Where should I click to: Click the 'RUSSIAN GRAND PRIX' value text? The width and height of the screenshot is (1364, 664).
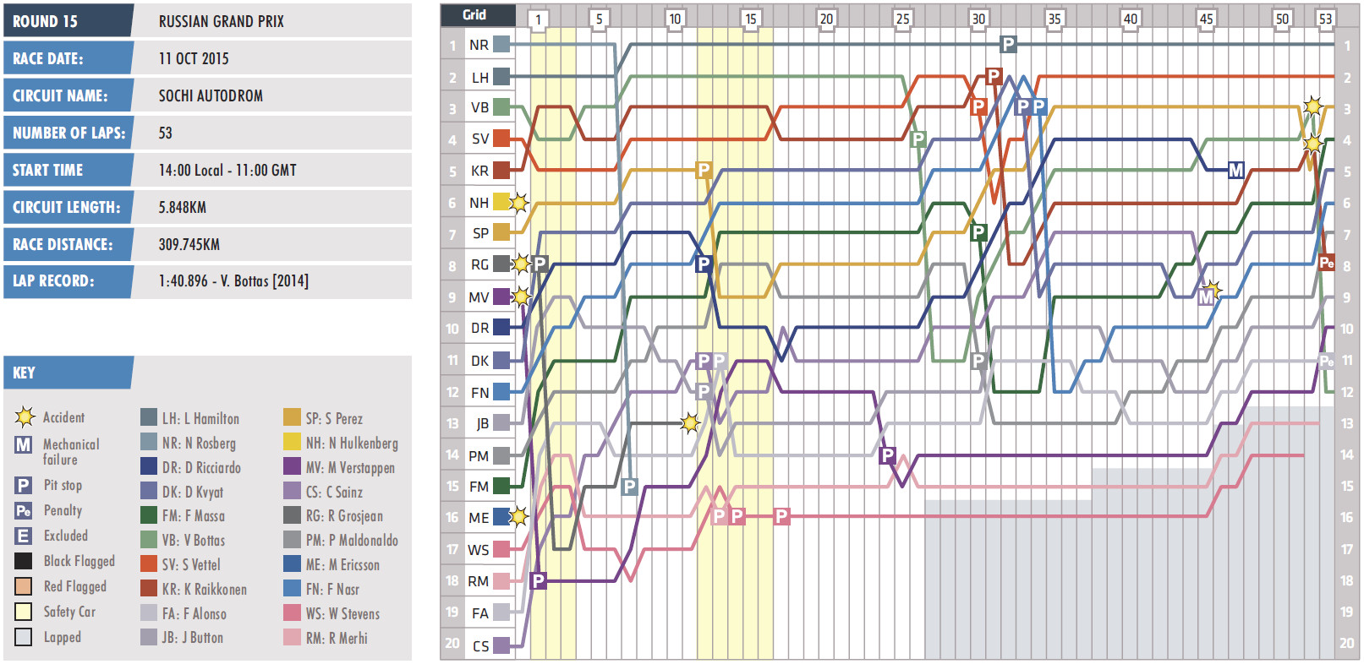tap(221, 21)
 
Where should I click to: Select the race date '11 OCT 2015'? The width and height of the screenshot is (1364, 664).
tap(194, 58)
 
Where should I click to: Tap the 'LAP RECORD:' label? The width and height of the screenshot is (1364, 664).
tap(53, 281)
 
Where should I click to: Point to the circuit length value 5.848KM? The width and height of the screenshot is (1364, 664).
tap(182, 207)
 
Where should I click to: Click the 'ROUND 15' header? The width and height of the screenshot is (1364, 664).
tap(46, 21)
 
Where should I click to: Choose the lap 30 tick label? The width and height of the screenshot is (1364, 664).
tap(978, 19)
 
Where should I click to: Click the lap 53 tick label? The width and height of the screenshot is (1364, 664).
tap(1325, 19)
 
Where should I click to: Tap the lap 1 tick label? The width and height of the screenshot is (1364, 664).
tap(538, 19)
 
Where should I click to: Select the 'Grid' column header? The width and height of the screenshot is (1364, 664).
tap(474, 14)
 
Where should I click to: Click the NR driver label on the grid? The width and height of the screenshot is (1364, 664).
tap(479, 45)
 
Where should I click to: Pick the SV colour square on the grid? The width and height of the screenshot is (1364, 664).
tap(501, 139)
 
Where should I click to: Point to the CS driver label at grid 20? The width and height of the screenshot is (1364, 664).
tap(480, 646)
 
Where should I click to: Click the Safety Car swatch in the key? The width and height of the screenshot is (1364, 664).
tap(24, 612)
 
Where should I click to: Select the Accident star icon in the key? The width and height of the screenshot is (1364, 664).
tap(25, 416)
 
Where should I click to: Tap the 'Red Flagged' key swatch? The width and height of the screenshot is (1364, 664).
tap(24, 586)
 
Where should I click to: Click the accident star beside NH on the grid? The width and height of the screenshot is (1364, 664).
tap(519, 203)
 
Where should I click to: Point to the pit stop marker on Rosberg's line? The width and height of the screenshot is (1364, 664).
tap(1008, 44)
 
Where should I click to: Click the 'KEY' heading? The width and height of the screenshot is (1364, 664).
tap(25, 373)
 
